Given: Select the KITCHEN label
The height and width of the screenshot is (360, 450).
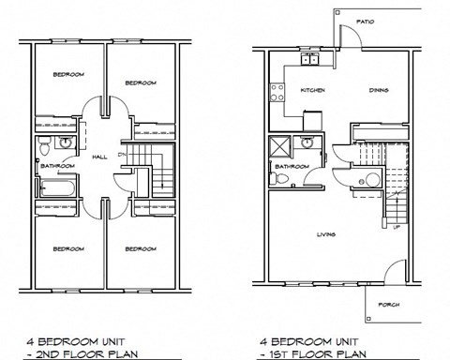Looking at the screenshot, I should [x=311, y=91].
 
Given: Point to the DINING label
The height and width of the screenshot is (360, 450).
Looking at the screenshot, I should [x=379, y=91].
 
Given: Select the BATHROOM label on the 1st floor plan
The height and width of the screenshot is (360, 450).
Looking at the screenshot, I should [x=288, y=167].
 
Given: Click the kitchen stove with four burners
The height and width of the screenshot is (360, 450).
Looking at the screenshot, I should [x=277, y=93].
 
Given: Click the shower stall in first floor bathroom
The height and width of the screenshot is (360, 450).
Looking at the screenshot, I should [x=279, y=147].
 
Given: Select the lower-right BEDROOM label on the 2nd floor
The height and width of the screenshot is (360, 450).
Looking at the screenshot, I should [x=141, y=248].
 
